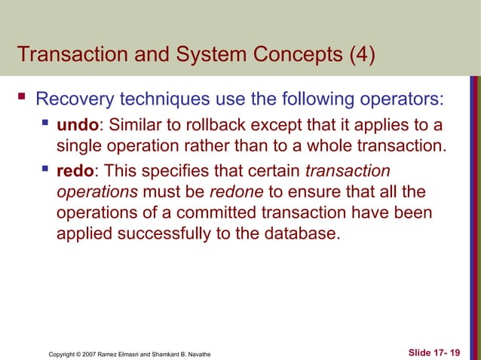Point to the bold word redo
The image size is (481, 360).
point(76,171)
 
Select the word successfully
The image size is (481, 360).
point(161,233)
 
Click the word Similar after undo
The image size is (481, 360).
point(134,124)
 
